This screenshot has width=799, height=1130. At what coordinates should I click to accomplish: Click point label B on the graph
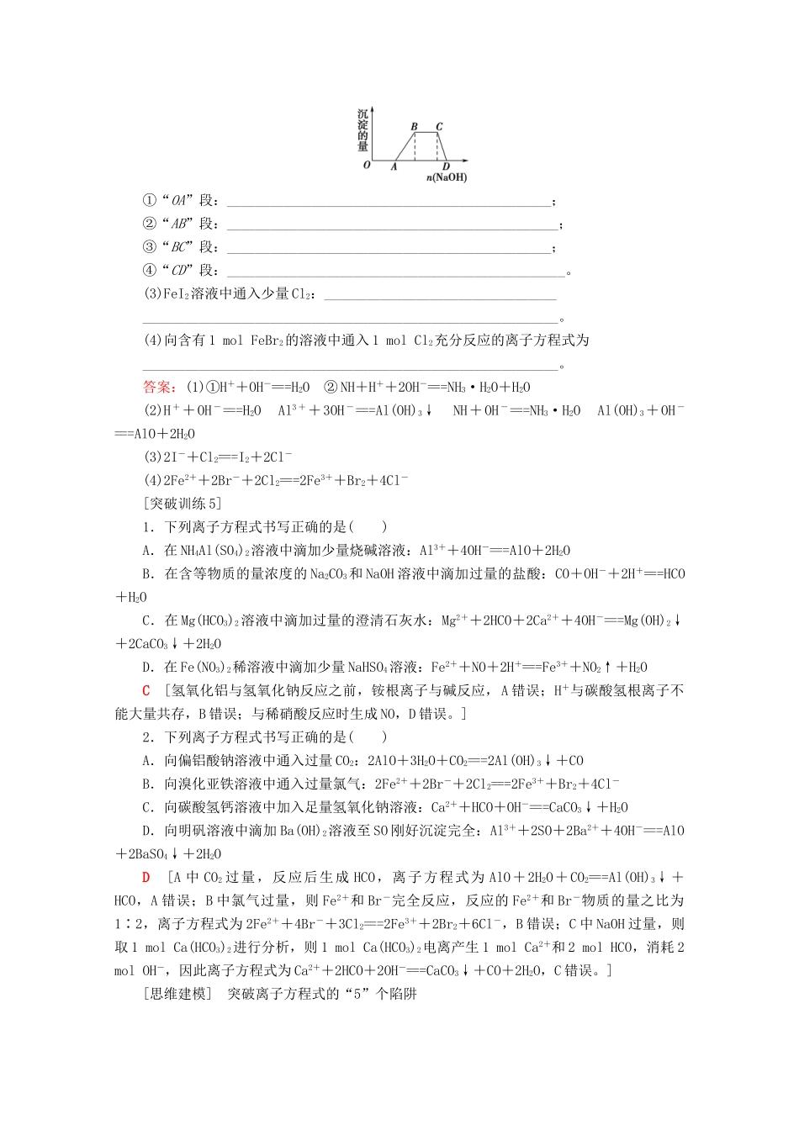(414, 127)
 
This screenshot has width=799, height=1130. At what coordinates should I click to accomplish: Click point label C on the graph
(439, 127)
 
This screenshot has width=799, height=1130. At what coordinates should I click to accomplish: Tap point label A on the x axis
(394, 166)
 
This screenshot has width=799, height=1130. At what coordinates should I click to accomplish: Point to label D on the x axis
(446, 166)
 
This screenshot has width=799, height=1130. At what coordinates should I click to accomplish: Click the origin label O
(367, 165)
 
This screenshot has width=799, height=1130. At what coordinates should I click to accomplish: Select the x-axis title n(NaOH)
(446, 177)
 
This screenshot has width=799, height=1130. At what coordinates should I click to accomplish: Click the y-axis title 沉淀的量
(362, 129)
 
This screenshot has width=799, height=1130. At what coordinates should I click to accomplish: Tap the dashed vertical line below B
(415, 145)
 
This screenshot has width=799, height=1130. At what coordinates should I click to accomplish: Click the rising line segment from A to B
(405, 145)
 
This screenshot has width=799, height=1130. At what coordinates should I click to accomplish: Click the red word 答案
(159, 387)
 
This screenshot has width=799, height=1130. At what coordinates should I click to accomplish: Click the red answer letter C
(146, 690)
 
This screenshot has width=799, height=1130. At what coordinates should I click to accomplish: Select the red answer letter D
(146, 877)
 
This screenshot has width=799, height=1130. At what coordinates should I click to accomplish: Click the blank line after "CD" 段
(395, 272)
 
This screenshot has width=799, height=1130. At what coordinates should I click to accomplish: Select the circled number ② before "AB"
(150, 224)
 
